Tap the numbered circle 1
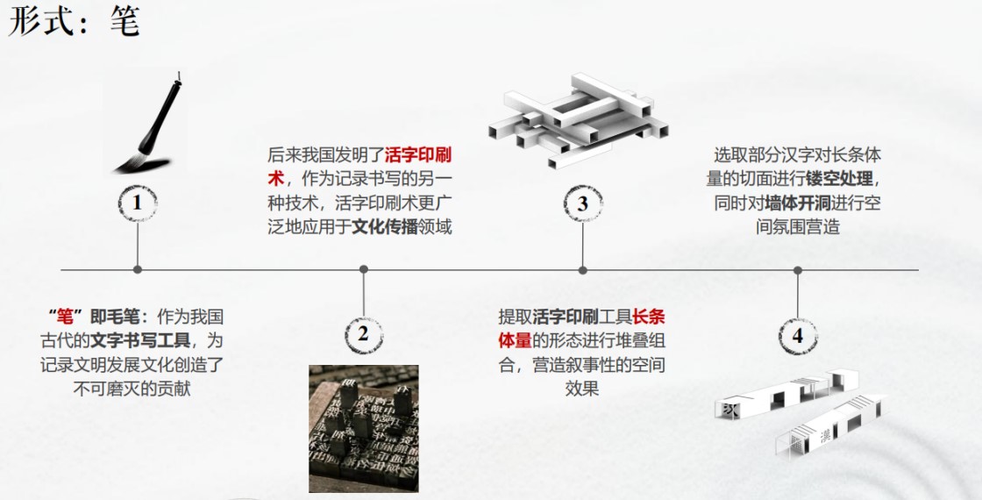(137, 203)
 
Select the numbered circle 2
(363, 333)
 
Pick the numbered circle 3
(582, 204)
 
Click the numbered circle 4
(797, 336)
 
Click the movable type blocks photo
(364, 429)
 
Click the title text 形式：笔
(74, 21)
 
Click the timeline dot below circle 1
(137, 269)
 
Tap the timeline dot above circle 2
(363, 269)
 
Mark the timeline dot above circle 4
(797, 269)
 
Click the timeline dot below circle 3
(582, 269)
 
